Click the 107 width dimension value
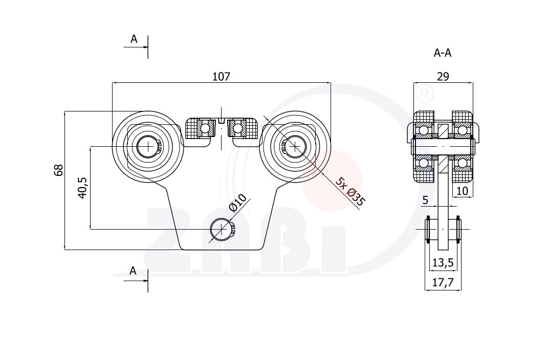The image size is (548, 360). click(x=221, y=77)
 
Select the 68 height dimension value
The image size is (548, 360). click(x=59, y=170)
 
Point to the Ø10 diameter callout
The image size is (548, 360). click(x=238, y=203)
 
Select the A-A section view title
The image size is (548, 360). click(x=443, y=53)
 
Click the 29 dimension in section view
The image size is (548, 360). click(x=443, y=77)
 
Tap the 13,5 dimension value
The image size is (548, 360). click(x=443, y=263)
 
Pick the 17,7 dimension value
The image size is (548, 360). click(x=443, y=282)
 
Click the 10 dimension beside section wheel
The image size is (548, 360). click(x=462, y=191)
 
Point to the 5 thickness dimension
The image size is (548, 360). click(x=425, y=200)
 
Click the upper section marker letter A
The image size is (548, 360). click(x=134, y=39)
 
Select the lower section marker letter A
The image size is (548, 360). click(x=133, y=271)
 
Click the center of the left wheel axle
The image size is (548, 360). click(x=148, y=147)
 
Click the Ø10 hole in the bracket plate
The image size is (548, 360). click(x=221, y=229)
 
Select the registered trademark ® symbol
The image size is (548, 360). click(x=424, y=94)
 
